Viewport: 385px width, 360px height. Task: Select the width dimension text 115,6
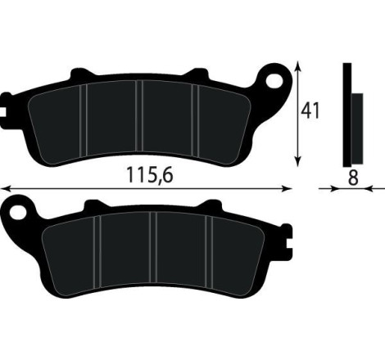point(152,175)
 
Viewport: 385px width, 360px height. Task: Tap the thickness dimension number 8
point(352,176)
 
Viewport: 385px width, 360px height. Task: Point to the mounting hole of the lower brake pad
point(17,212)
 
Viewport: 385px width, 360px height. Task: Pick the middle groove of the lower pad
point(153,249)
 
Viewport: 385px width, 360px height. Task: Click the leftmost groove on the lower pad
point(97,249)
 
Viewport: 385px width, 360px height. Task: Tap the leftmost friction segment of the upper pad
point(57,119)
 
